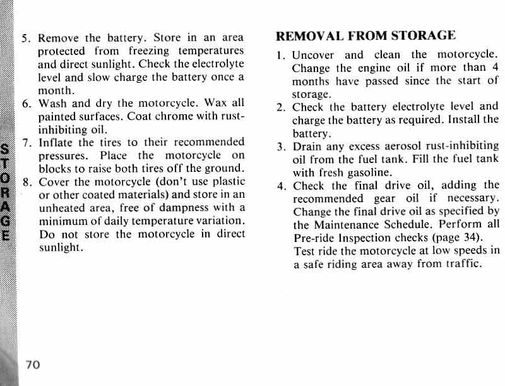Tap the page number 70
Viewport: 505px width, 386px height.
(33, 365)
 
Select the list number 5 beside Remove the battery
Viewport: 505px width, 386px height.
(25, 37)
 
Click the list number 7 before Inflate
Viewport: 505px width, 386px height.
(25, 142)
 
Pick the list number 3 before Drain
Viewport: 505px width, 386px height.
(280, 147)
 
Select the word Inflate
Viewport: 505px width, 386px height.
(59, 142)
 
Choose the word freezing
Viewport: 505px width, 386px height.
(141, 51)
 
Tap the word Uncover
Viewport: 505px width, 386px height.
(313, 55)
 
